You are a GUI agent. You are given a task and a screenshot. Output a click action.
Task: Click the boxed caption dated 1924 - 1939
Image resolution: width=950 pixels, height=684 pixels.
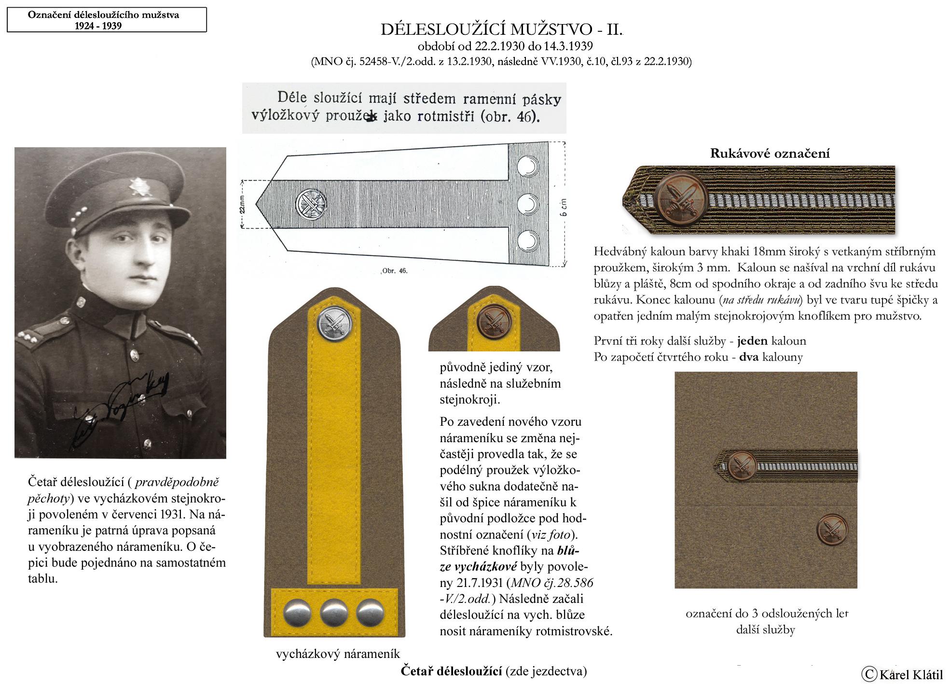pos(107,20)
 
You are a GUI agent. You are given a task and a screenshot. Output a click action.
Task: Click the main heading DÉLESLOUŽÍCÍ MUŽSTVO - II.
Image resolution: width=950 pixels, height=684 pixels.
pos(501,30)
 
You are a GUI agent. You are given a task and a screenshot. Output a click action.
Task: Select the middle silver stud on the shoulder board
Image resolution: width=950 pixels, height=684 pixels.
pos(334,613)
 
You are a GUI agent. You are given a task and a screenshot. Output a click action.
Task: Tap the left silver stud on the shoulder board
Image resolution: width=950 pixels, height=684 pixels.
pos(297,613)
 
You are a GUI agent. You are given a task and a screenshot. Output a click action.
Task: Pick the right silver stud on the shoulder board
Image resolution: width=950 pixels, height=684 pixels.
pos(370,613)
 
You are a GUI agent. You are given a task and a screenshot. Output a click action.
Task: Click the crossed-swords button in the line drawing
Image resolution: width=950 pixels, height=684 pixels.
pos(311,204)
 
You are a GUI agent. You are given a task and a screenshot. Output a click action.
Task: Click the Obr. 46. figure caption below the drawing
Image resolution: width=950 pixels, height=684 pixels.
pos(395,271)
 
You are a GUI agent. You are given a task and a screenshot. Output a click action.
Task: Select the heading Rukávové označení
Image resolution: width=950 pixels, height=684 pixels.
pos(770,154)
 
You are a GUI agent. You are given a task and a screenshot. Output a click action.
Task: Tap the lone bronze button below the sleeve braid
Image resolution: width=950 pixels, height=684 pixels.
pos(832,530)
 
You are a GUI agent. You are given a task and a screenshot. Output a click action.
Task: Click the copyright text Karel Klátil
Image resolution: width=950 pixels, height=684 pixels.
pos(902,674)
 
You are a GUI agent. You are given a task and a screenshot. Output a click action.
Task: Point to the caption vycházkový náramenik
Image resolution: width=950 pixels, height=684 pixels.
pos(338,654)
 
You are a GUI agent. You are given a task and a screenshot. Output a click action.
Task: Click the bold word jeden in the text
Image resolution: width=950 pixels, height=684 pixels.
pos(752,341)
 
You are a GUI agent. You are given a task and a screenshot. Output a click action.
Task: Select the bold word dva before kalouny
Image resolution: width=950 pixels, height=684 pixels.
pos(748,357)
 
